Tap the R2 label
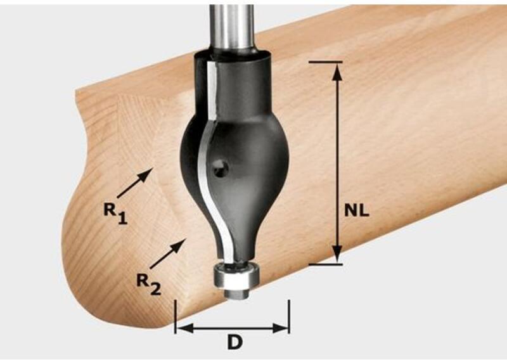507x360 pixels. pyautogui.click(x=149, y=284)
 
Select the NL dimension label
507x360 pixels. pyautogui.click(x=356, y=210)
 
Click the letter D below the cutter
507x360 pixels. pyautogui.click(x=235, y=342)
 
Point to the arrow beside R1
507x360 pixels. pyautogui.click(x=135, y=183)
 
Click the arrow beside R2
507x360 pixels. pyautogui.click(x=168, y=254)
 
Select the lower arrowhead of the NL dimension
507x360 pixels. pyautogui.click(x=337, y=254)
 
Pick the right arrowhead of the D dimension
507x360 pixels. pyautogui.click(x=279, y=328)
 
